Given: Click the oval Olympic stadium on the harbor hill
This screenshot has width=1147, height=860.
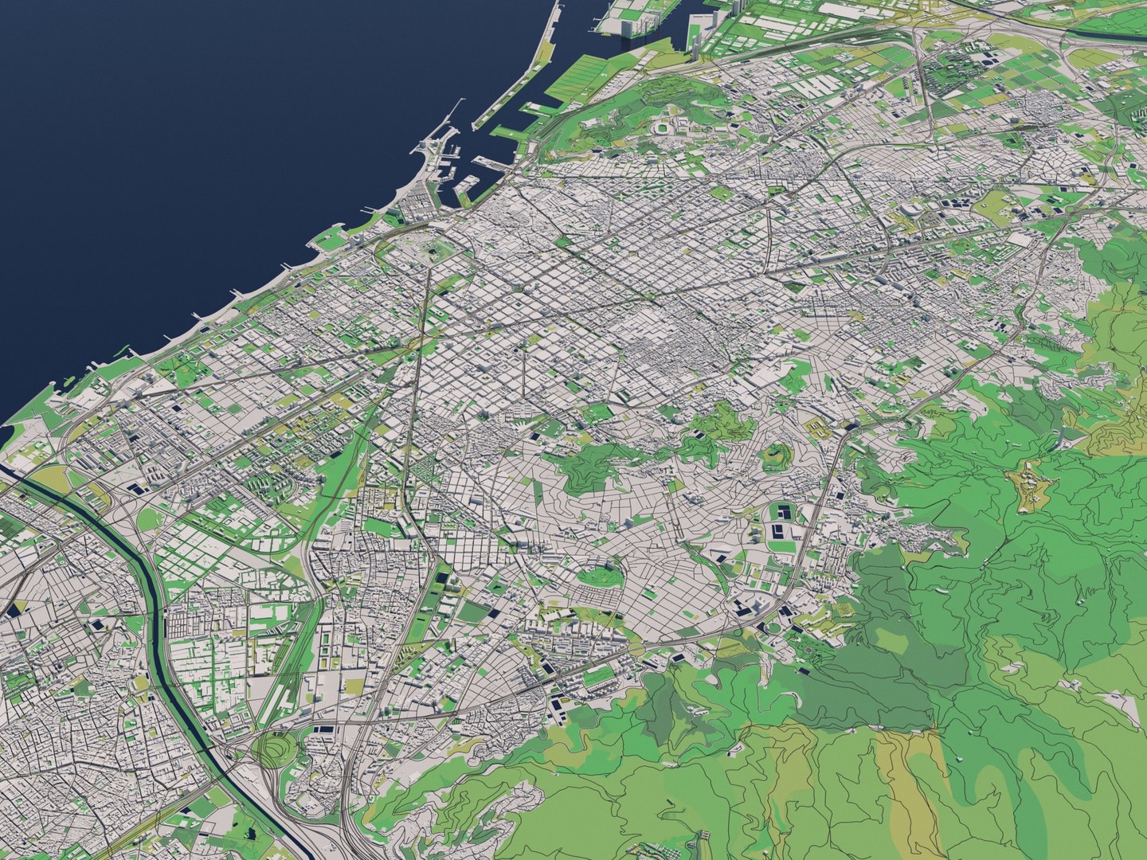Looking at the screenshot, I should click(x=663, y=127).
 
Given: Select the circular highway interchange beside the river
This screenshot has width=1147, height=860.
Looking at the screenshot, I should click(x=275, y=749).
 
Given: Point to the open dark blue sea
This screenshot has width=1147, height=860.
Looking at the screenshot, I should click(x=199, y=159).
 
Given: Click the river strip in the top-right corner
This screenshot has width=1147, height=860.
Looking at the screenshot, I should click(x=1107, y=24).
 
